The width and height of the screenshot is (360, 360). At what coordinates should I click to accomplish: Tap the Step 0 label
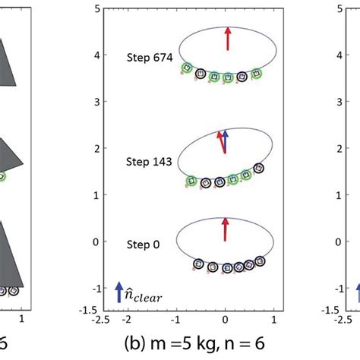pos(144,245)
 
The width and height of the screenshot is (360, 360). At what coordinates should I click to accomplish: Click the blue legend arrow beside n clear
pos(118,289)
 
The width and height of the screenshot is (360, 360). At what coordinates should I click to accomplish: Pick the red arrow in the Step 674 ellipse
pos(226,39)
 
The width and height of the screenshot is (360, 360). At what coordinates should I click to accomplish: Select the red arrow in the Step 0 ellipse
pos(226,229)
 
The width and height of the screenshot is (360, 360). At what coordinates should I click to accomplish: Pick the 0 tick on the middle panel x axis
pos(226,319)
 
